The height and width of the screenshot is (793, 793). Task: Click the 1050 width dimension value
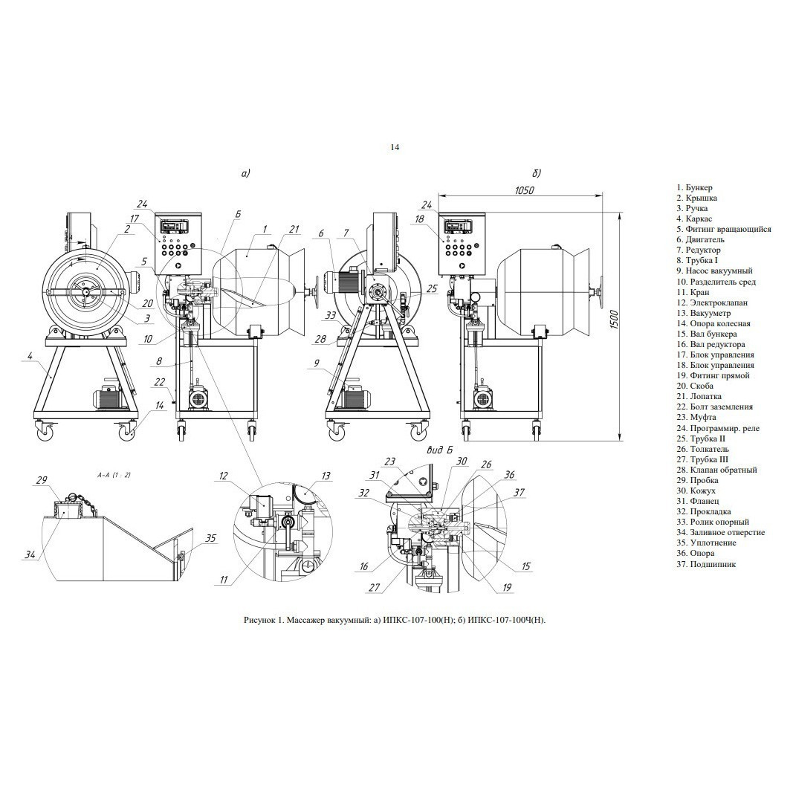[525, 191]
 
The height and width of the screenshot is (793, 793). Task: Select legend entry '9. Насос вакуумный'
[715, 271]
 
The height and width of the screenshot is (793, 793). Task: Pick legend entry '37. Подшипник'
[706, 564]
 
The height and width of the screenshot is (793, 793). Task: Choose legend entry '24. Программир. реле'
[718, 428]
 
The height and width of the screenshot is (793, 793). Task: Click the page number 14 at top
[395, 147]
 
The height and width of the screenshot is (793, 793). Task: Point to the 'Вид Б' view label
[438, 450]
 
